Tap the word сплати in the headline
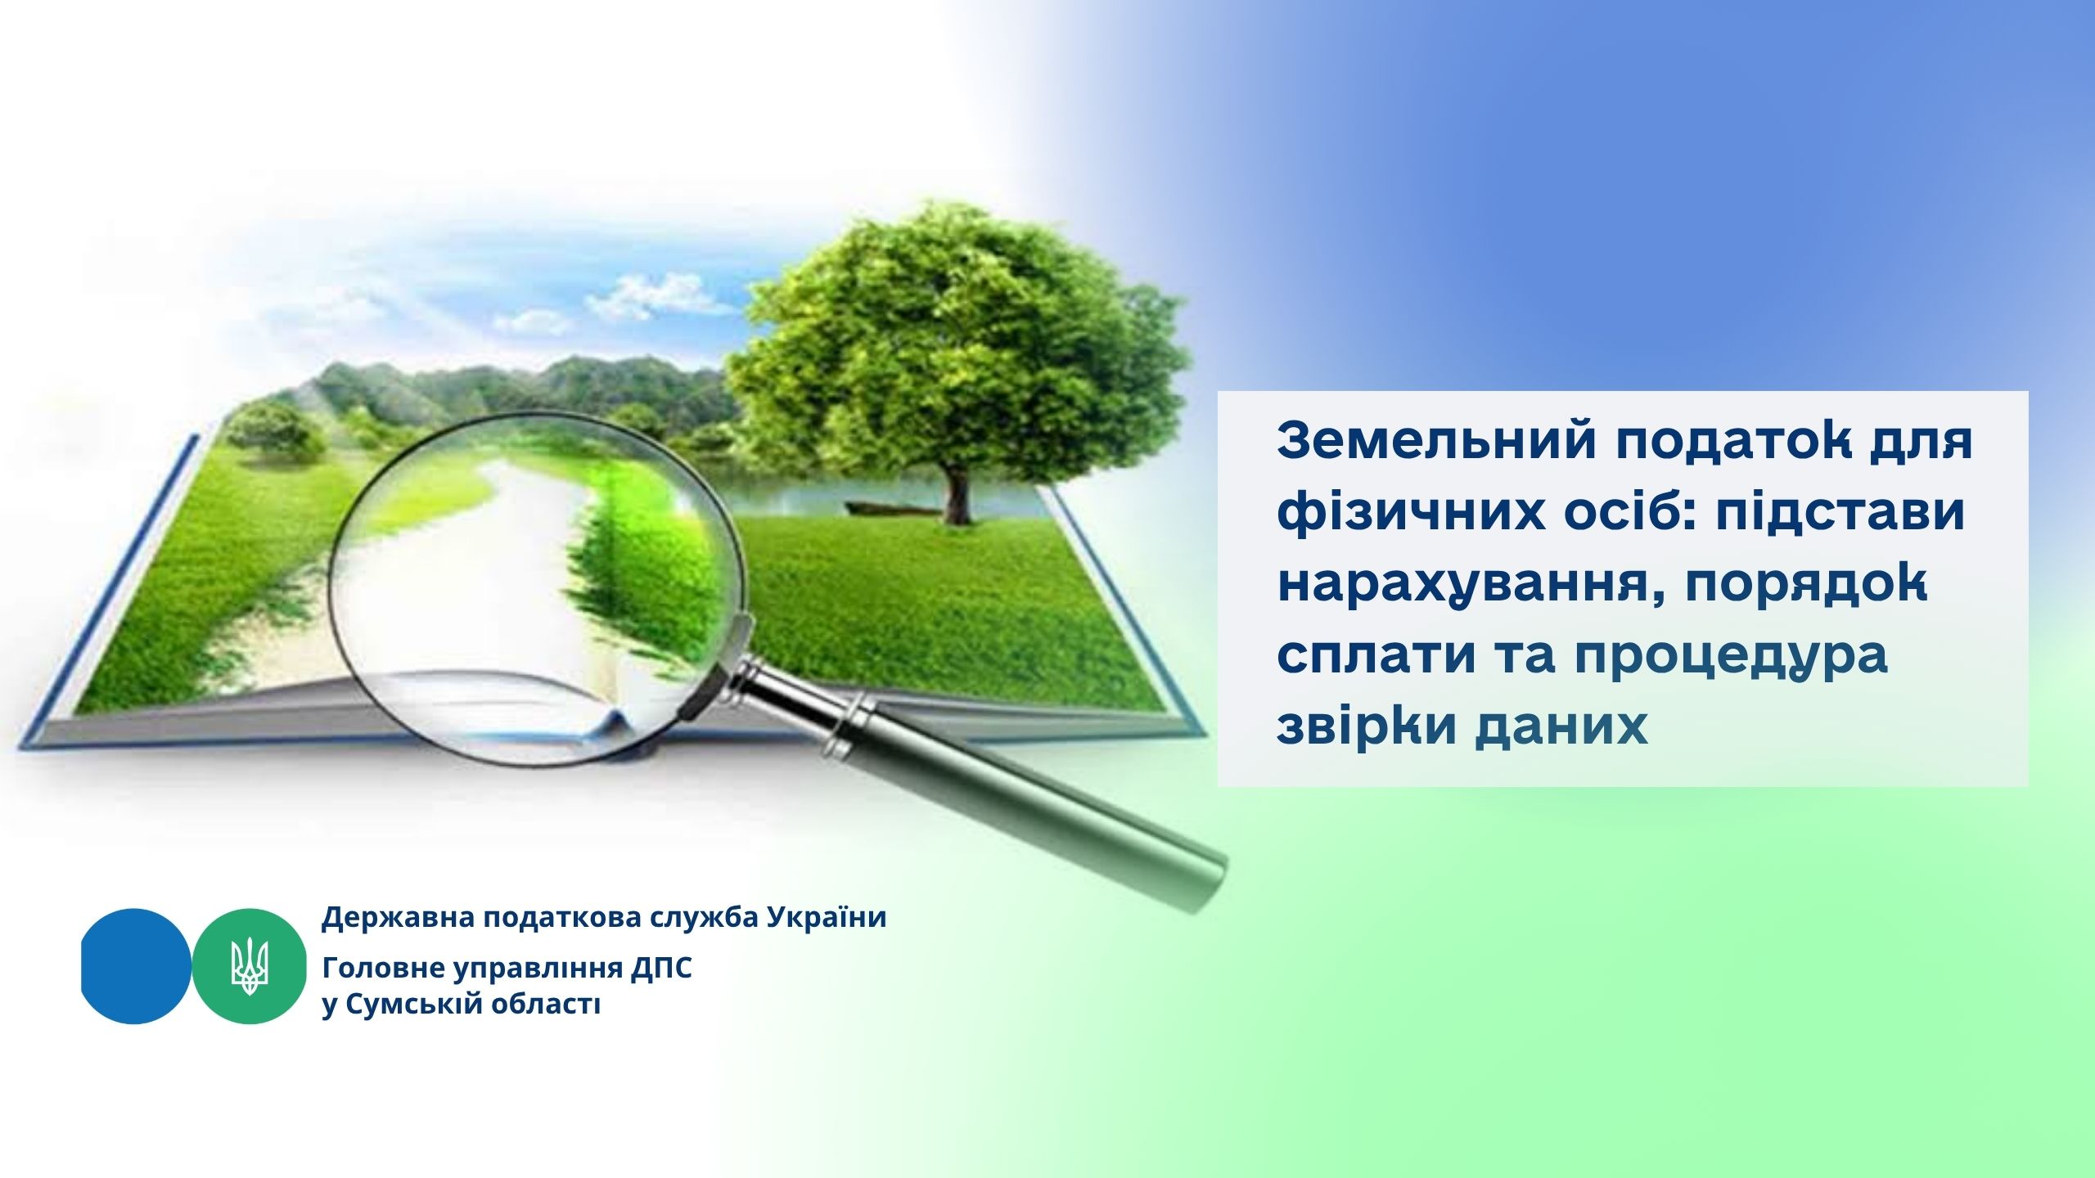(1380, 656)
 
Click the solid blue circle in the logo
(136, 966)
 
